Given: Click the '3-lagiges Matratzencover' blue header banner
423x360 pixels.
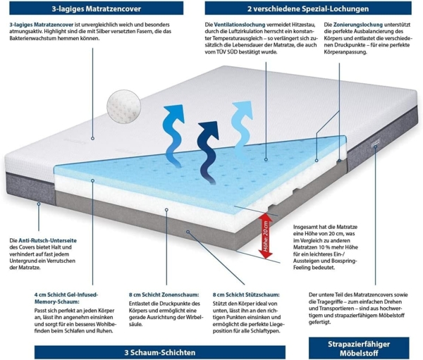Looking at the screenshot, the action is [x=97, y=8].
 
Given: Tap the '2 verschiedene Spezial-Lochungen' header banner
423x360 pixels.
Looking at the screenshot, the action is [x=308, y=8].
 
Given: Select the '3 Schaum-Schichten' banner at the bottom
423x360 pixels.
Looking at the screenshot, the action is [x=160, y=352].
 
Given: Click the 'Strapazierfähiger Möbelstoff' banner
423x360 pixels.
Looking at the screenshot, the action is [x=359, y=348].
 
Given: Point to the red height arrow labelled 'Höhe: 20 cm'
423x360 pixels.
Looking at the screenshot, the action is [x=266, y=236].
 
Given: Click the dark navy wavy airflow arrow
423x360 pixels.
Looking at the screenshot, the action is [x=208, y=152].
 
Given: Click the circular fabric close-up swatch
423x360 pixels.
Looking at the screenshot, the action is [x=124, y=106].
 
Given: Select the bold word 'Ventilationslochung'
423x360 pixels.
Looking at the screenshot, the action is [x=240, y=25].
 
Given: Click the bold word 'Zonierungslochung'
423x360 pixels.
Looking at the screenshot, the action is [x=358, y=25].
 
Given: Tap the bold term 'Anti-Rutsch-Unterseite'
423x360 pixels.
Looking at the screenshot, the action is [x=47, y=240].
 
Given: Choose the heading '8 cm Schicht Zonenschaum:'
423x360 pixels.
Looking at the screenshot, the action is [x=164, y=294].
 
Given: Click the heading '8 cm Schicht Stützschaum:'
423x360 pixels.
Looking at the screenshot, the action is [x=246, y=294].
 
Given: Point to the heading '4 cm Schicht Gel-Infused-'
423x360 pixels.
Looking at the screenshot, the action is [x=66, y=294].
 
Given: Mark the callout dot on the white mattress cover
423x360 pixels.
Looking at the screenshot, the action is [x=92, y=138].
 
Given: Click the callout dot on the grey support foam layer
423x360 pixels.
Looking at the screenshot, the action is [x=188, y=232].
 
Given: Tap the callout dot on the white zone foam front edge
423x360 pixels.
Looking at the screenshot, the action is [x=166, y=210].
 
